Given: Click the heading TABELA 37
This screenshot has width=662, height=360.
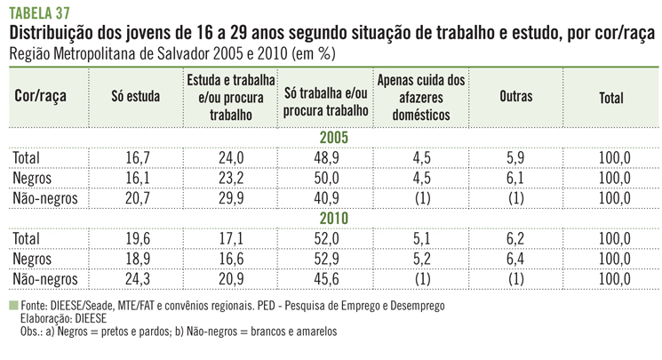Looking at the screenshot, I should coord(41,12).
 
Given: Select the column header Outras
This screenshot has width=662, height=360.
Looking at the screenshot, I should coord(515,99).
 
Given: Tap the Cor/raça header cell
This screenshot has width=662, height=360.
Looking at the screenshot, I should coord(42,98).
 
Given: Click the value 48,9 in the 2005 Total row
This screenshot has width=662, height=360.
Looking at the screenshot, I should coord(325,158).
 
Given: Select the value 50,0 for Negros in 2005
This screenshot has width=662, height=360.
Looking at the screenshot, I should coord(325,179).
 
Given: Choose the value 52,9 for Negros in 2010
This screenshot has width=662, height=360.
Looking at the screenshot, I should coord(325,259).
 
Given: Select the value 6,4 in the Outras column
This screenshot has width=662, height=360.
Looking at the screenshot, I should coord(515,259).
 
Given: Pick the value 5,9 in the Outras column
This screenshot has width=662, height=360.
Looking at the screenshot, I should coord(515,158).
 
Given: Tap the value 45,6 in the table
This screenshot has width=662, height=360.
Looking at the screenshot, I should coord(325,278).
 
